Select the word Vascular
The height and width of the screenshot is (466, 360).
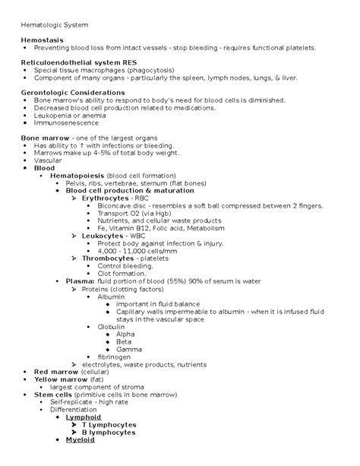(49, 160)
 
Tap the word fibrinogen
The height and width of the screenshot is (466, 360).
(114, 356)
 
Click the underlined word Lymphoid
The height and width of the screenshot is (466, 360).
(84, 417)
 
